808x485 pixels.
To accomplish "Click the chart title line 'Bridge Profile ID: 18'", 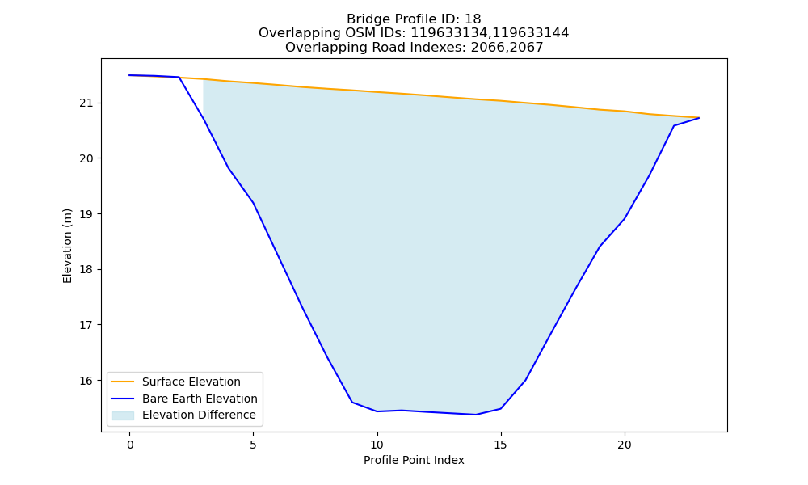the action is coord(414,19).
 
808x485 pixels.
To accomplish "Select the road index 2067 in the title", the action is coord(525,48).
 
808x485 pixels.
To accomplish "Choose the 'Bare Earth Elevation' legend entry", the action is coord(184,399).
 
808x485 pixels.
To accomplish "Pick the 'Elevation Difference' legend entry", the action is coord(183,415).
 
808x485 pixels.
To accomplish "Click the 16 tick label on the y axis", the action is coord(86,381).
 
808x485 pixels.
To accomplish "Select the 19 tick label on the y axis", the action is coord(86,214).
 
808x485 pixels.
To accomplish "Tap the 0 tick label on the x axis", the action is coord(130,445).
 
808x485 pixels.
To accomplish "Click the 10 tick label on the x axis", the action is coord(377,445).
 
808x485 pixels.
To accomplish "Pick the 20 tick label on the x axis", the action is coord(625,445).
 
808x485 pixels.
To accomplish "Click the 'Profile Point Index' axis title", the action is coord(414,460).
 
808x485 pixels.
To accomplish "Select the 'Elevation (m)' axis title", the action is coord(68,246).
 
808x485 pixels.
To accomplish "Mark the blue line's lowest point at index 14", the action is coord(476,415).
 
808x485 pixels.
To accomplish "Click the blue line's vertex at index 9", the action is coord(352,402).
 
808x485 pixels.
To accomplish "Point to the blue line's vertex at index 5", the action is coord(253,203).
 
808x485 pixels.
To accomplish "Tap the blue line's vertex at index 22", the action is coord(674,126).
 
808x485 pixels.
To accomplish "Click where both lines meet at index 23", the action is coord(699,118).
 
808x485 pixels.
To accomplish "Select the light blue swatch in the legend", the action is coord(123,415).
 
